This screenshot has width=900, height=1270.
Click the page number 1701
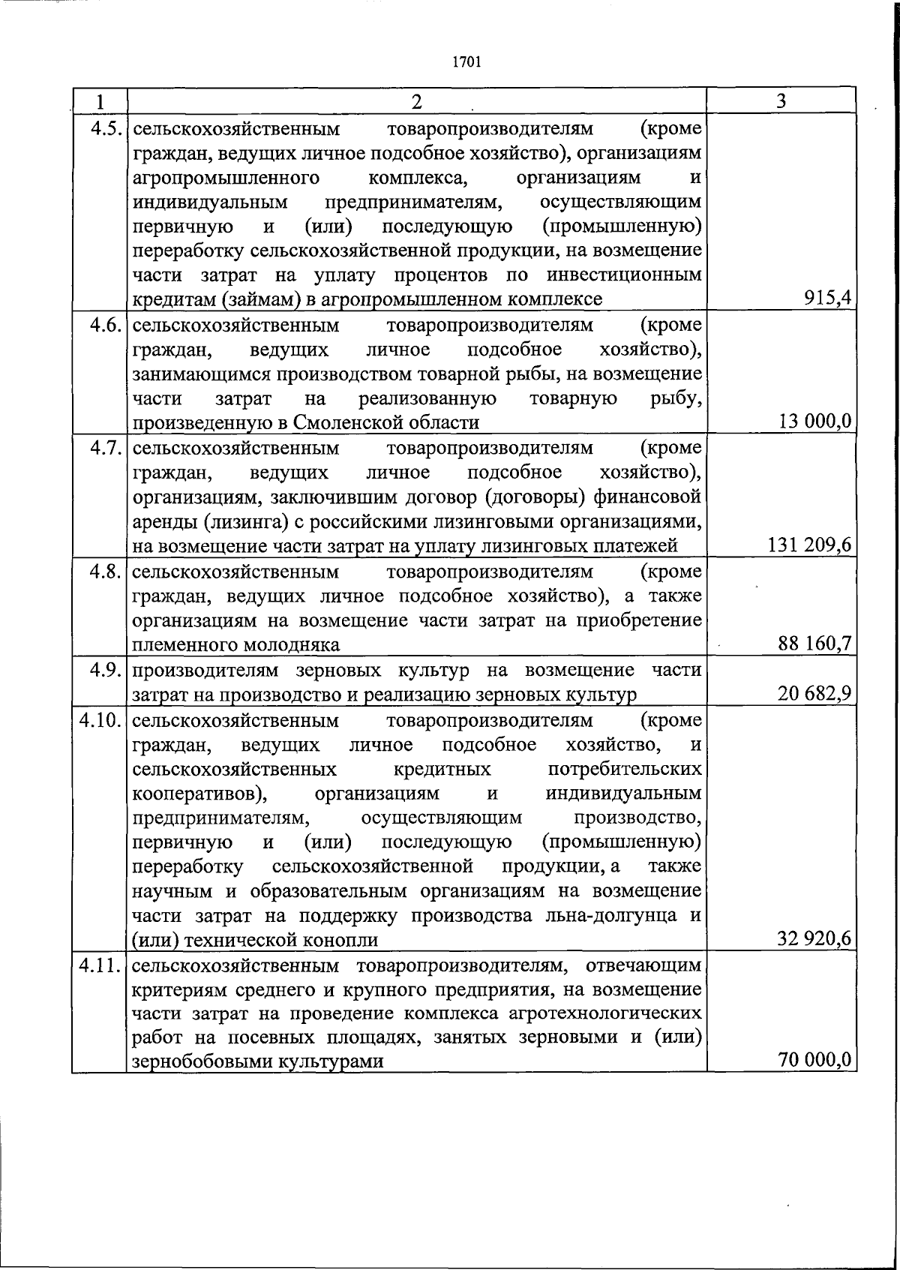coord(466,62)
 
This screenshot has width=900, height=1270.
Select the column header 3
coord(781,101)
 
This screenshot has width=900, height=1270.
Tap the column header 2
coord(416,101)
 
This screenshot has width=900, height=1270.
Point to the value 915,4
coord(827,299)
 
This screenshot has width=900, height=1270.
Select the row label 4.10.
coord(100,720)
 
